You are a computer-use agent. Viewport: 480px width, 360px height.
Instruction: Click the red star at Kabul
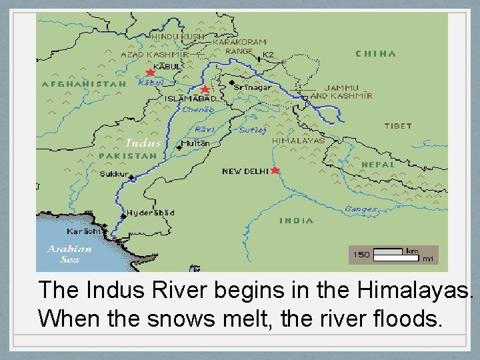151,72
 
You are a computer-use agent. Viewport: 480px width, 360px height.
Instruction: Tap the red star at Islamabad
205,89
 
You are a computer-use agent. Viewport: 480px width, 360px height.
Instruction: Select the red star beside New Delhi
275,171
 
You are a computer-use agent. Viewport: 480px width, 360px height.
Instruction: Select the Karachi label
83,231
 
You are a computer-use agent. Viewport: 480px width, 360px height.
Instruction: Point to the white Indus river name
143,143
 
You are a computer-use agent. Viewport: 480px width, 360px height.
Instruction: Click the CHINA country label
375,54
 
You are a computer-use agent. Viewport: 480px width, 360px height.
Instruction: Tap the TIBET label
398,126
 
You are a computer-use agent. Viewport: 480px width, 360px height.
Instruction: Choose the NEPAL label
377,164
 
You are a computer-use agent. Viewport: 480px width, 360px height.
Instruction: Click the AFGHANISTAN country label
84,85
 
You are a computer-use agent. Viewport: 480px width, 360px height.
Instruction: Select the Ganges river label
361,209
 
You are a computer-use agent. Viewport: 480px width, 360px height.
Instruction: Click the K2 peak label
268,55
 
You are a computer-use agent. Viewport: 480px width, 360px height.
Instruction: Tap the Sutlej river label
253,130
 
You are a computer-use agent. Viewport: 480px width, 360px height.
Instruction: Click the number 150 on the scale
361,254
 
